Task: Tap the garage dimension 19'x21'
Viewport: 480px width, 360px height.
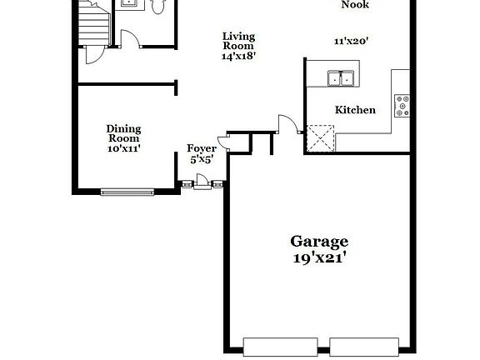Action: click(319, 258)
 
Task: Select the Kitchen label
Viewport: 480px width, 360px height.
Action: click(355, 110)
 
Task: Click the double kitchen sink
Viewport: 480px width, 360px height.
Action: click(340, 79)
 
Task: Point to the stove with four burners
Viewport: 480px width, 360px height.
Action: click(402, 103)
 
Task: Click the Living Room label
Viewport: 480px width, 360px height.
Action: click(238, 41)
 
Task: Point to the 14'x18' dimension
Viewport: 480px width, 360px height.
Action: click(238, 57)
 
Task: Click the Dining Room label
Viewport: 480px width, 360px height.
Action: click(123, 133)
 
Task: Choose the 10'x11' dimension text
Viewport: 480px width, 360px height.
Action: click(123, 149)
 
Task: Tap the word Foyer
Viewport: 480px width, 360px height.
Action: click(202, 148)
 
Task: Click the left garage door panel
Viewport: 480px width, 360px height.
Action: click(273, 344)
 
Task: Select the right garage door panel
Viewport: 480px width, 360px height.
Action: click(363, 344)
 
